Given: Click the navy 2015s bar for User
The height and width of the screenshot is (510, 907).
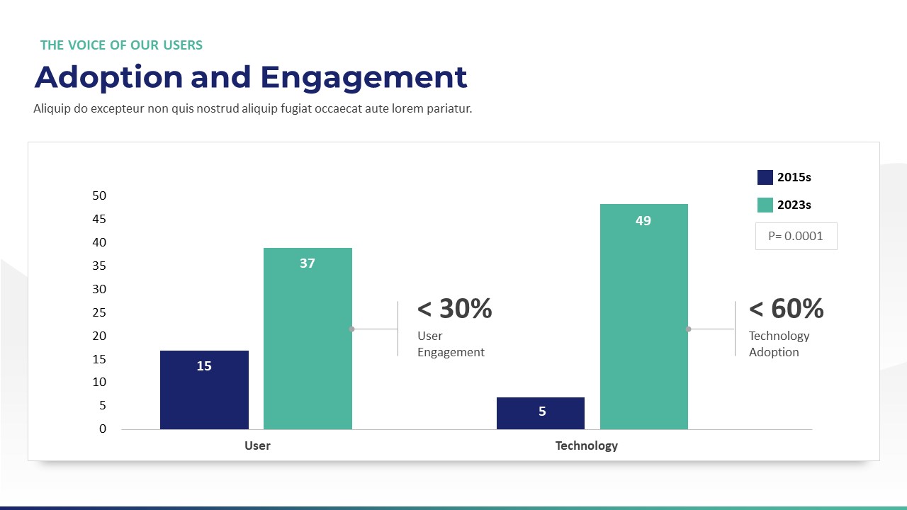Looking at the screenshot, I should (x=204, y=390).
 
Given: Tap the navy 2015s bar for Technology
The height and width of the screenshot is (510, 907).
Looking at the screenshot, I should (x=541, y=413).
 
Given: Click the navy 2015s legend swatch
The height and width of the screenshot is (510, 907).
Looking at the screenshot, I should (x=765, y=177).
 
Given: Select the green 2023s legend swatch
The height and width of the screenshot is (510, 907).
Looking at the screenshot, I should (x=765, y=205).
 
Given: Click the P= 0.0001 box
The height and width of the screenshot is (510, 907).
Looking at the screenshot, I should (x=796, y=236).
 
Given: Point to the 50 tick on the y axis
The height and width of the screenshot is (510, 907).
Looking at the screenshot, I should (x=99, y=195).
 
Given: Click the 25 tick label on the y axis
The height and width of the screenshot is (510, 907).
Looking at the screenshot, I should (x=99, y=312).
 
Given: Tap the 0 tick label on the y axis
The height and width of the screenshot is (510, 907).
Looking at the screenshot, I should (x=103, y=429).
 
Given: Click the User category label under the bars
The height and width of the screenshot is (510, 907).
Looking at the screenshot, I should (x=257, y=446).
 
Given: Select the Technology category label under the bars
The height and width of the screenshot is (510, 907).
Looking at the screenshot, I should (x=586, y=446).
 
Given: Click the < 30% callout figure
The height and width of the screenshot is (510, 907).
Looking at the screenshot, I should (x=454, y=309).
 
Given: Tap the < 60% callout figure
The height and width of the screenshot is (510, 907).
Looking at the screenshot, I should (x=786, y=309).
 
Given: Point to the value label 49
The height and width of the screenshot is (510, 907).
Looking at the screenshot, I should (x=643, y=221).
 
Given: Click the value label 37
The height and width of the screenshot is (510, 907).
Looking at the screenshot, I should (x=308, y=263).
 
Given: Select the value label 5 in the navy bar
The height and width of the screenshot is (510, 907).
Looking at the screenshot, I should (x=542, y=412).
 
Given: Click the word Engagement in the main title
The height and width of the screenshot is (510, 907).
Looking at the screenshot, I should (x=364, y=77).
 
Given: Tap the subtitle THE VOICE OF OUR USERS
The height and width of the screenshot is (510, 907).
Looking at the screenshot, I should (x=121, y=45).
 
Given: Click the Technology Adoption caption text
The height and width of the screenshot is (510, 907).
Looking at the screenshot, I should (x=779, y=344).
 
